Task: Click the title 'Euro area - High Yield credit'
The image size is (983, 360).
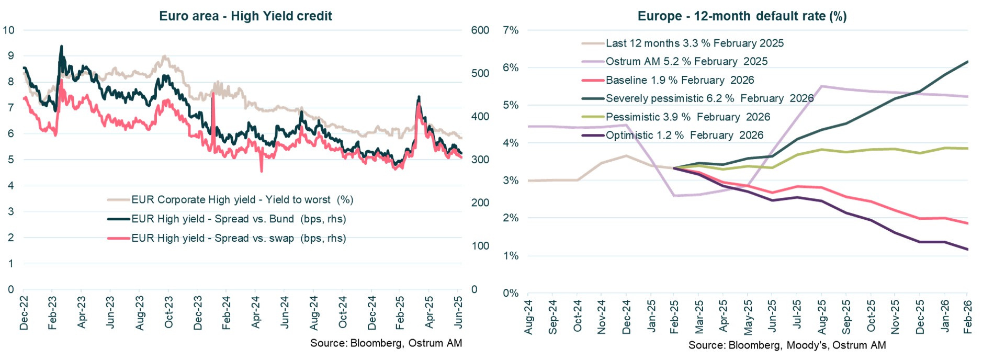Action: click(245, 16)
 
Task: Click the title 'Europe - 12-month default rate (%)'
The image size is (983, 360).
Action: click(741, 16)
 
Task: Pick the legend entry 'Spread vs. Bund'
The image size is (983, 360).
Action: click(238, 219)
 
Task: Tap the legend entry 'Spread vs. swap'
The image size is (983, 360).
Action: click(238, 239)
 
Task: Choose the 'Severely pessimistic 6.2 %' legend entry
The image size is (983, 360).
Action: click(709, 98)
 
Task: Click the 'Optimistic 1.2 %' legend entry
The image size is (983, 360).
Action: click(684, 136)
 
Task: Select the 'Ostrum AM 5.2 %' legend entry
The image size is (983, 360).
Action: click(686, 62)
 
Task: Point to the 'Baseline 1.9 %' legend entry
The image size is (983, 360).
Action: click(679, 80)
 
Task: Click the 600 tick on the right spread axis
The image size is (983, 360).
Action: click(480, 30)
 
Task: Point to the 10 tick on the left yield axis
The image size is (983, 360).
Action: click(8, 30)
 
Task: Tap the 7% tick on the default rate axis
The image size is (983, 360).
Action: click(510, 30)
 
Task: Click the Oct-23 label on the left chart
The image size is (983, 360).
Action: click(168, 312)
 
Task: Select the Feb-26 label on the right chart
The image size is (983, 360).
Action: click(968, 317)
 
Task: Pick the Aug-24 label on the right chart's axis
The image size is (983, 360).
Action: click(528, 317)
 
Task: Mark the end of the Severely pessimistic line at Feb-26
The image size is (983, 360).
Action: click(967, 62)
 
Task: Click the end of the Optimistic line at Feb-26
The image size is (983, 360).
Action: click(967, 250)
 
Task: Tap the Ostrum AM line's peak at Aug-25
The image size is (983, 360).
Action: click(821, 86)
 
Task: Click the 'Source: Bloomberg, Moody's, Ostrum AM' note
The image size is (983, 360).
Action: click(787, 345)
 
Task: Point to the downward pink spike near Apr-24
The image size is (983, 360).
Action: click(261, 170)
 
